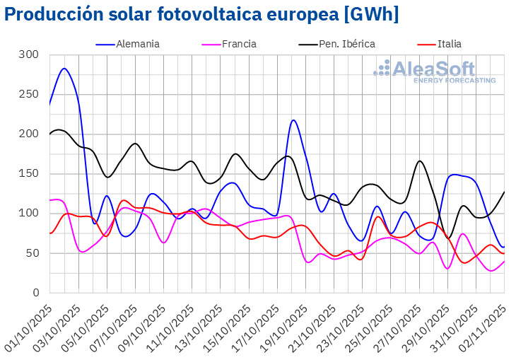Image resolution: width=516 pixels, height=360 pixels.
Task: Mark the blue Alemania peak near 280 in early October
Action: (64, 69)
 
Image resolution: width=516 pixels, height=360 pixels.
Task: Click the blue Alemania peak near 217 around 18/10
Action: (293, 120)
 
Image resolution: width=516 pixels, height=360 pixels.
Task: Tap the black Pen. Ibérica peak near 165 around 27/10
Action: (420, 161)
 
